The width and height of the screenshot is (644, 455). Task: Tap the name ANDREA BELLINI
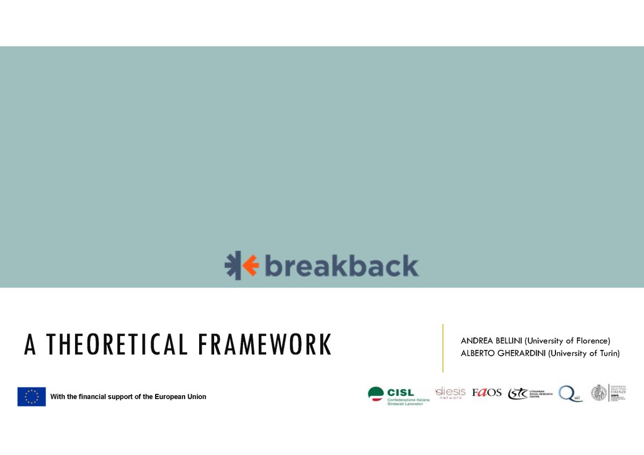point(491,341)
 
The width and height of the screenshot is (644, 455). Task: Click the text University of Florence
point(568,341)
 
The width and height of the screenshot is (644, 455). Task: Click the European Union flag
point(32,397)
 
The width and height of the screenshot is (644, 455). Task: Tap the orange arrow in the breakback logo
point(250,266)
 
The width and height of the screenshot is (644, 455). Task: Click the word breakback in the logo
point(341,266)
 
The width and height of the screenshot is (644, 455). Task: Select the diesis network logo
point(450,393)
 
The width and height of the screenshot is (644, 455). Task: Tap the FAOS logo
point(487,393)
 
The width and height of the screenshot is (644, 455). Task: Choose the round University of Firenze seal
point(599,393)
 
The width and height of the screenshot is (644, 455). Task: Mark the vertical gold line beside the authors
point(443,348)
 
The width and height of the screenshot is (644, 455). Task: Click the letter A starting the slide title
point(30,345)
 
